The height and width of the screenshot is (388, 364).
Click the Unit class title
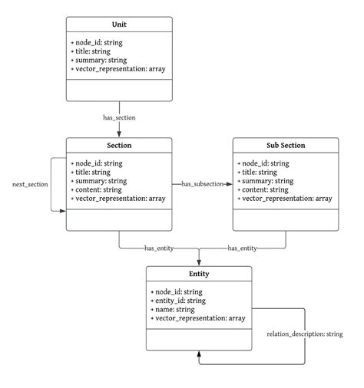point(119,25)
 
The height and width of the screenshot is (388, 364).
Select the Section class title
point(119,146)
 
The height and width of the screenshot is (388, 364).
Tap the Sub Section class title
point(285,146)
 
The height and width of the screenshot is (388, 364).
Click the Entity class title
point(199,274)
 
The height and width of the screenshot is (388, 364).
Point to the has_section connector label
point(119,117)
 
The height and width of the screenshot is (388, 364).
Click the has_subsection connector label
point(202,184)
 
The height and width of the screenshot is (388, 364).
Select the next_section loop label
point(28,185)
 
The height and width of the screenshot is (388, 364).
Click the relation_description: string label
point(304,334)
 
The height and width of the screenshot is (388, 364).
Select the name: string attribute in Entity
point(175,309)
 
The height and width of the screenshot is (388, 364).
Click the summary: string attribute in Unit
point(100,60)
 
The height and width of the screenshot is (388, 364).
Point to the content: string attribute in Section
point(97,189)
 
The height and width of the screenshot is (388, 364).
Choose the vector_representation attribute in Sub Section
point(286,198)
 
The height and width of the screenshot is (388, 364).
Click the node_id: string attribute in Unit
point(100,42)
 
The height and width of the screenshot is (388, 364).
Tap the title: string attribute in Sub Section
point(261,172)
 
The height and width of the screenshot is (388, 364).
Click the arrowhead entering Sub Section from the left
point(229,184)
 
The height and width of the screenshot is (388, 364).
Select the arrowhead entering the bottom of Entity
point(199,355)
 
